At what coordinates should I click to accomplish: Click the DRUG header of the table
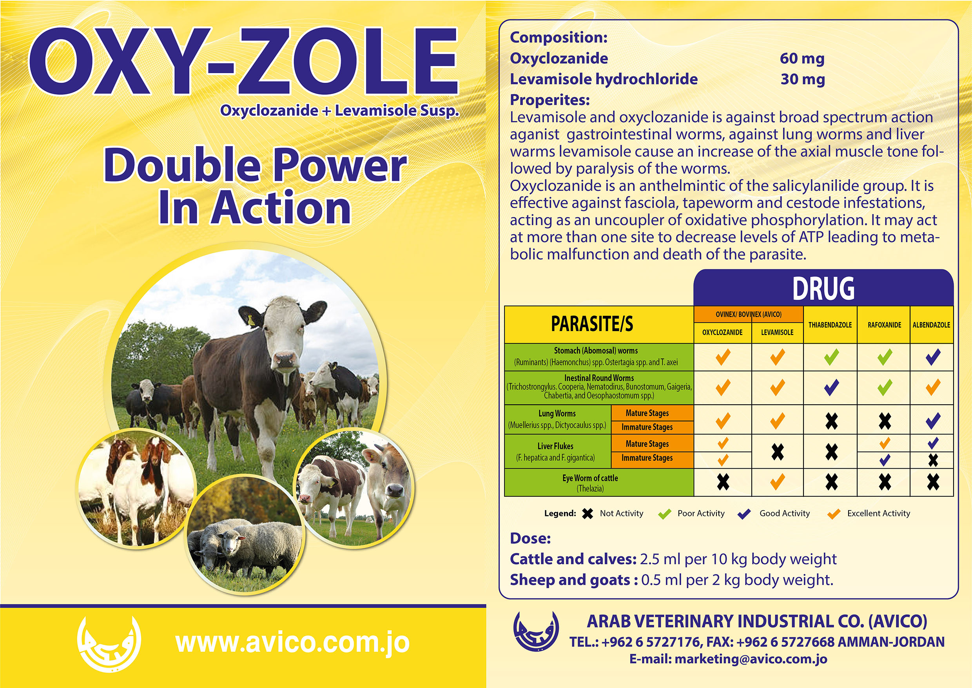click(823, 288)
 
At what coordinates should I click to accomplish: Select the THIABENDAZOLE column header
click(830, 325)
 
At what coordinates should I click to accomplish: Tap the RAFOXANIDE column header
click(884, 325)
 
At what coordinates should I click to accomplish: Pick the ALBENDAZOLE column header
click(931, 325)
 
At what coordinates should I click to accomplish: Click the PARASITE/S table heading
click(592, 324)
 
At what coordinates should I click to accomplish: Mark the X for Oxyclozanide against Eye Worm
click(723, 482)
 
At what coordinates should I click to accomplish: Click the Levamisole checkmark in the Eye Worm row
click(777, 482)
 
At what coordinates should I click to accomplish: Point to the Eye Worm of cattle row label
click(590, 483)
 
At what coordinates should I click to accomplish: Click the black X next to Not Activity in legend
click(587, 514)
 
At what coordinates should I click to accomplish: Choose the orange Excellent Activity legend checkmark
click(833, 514)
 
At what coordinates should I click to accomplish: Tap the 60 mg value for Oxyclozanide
click(802, 58)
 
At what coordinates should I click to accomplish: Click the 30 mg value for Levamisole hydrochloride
click(803, 79)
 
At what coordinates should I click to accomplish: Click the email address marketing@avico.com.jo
click(751, 659)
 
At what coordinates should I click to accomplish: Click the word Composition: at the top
click(559, 38)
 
